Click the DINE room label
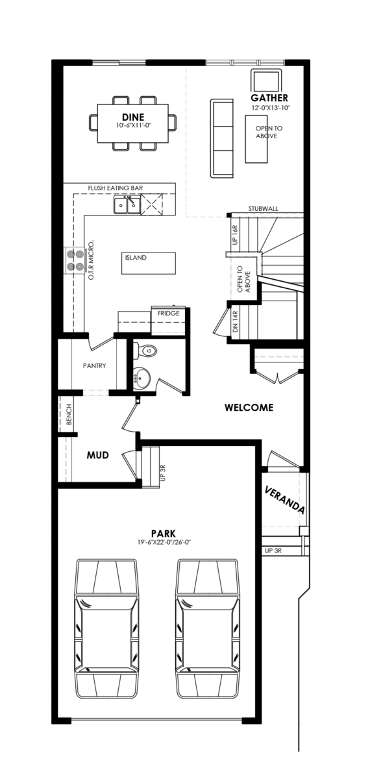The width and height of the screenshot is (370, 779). pos(133,117)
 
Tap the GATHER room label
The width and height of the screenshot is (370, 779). pos(269,98)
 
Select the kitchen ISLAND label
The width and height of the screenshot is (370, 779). pos(136,258)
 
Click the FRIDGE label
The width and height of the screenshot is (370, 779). pos(169,314)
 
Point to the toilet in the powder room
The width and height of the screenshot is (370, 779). pos(145,351)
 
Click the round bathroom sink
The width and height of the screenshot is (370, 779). pos(142,377)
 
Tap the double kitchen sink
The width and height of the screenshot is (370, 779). pos(127,204)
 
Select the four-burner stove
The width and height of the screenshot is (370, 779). pos(75,260)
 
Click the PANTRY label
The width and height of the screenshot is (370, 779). pos(95,366)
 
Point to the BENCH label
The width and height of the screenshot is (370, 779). pos(69,414)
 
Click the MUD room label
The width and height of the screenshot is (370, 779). pos(98,455)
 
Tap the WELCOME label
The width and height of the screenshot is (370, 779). pos(249,407)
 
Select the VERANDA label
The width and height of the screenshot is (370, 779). pos(285,500)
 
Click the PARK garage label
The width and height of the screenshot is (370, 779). pos(163,534)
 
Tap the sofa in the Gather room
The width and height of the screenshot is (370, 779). pos(221,138)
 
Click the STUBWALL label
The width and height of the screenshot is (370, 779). pos(264,209)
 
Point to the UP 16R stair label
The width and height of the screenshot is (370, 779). pos(235,235)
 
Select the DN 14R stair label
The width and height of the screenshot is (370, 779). pos(235,322)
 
